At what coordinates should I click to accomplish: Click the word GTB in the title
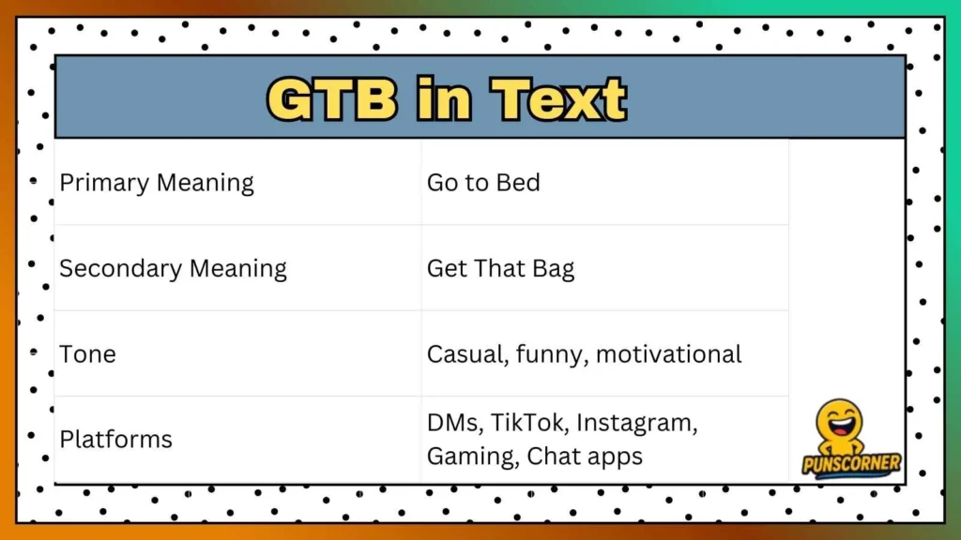coord(331,98)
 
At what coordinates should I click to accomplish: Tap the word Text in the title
coord(560,98)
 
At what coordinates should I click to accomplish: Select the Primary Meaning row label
coord(157,182)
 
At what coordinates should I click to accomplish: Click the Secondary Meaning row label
coord(173,268)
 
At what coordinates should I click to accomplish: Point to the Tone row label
coord(87,354)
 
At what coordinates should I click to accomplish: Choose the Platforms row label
coord(115,439)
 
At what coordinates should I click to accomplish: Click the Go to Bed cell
coord(483,182)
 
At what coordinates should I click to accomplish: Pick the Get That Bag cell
coord(500,268)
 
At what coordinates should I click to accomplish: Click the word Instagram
coord(636,423)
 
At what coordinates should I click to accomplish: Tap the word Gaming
coord(472,457)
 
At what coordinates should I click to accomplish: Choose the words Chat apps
coord(585,457)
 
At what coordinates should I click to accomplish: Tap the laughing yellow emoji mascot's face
coord(838,423)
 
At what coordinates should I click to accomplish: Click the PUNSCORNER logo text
coord(851,463)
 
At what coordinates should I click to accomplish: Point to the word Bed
coord(519,182)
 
